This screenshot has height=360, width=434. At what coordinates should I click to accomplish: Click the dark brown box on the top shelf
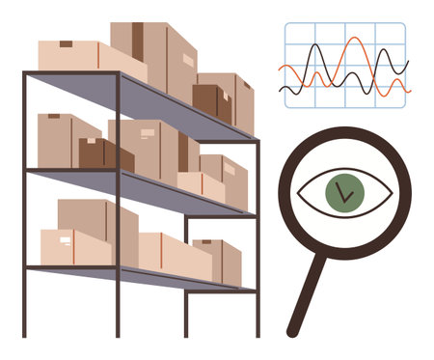[210, 100]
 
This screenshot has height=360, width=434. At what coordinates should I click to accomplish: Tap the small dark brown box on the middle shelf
[93, 152]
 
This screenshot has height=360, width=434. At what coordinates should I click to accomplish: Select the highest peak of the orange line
[356, 40]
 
